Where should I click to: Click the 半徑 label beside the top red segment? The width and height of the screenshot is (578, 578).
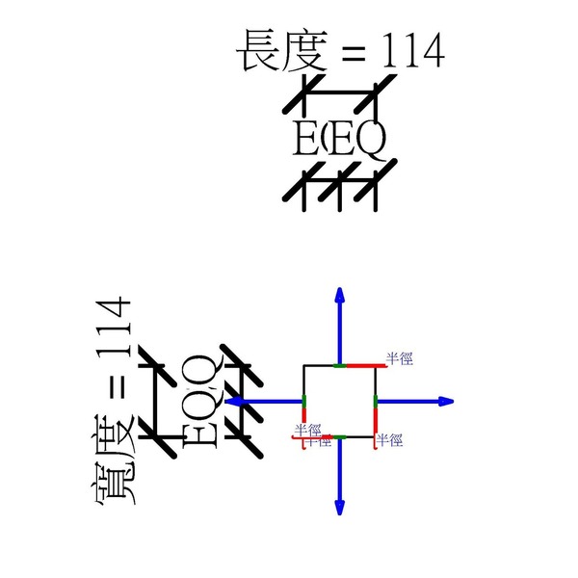point(399,358)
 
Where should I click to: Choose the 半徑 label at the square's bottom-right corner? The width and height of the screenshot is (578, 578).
point(389,439)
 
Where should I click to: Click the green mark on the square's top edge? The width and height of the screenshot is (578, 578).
point(338,366)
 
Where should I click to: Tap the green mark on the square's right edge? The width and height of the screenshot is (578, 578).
point(374,400)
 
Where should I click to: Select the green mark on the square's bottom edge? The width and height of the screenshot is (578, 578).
point(338,436)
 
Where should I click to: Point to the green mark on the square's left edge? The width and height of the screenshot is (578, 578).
point(303,400)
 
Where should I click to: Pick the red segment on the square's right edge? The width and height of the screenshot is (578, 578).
point(374,420)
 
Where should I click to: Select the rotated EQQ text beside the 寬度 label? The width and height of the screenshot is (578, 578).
point(197,400)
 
